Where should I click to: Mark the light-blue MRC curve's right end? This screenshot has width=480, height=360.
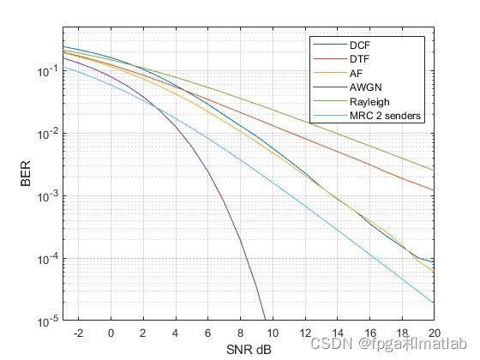(434, 303)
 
